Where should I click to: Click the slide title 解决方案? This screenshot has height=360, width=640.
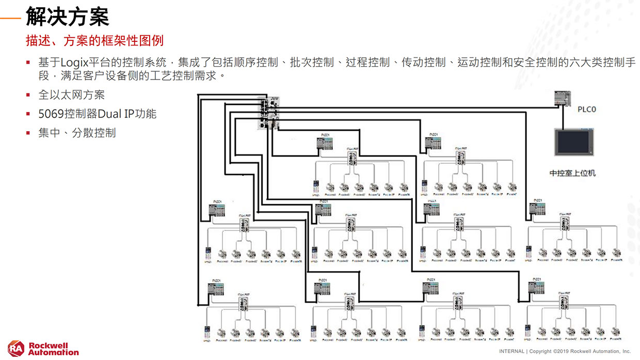click(67, 17)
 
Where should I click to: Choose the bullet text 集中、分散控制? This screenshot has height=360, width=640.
click(77, 133)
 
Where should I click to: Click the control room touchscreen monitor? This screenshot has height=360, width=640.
click(572, 142)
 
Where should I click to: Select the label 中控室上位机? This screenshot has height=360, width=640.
click(572, 173)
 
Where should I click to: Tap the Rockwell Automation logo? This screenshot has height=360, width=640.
click(43, 349)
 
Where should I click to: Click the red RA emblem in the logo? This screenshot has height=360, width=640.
click(15, 349)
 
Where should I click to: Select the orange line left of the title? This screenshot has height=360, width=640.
click(11, 18)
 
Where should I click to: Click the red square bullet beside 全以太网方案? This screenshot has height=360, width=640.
click(29, 95)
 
